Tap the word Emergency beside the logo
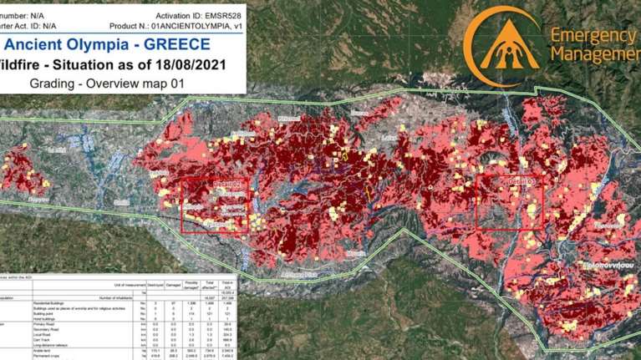[x=593, y=36]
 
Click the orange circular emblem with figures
[x=501, y=46]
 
